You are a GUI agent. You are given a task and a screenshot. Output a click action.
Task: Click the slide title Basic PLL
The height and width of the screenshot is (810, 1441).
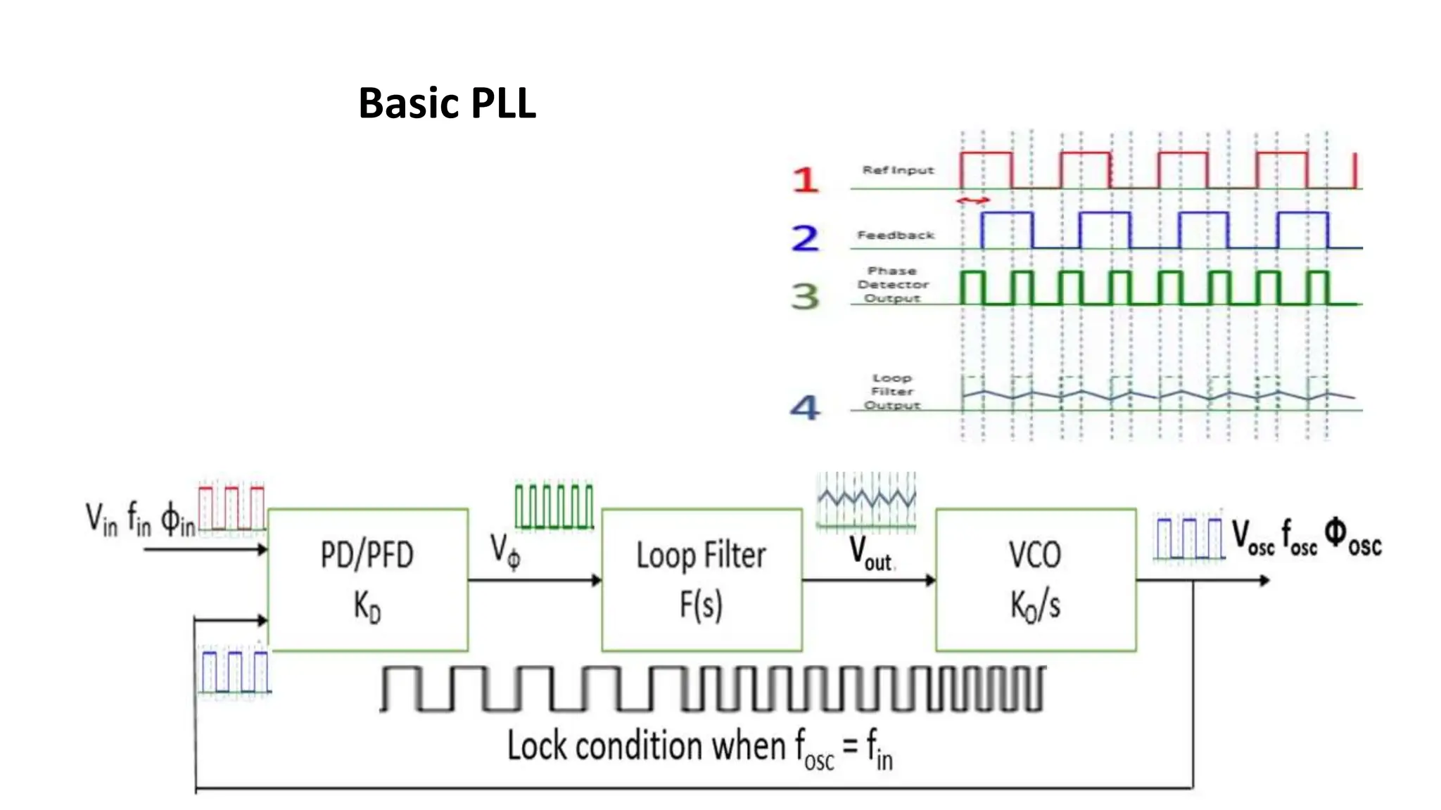point(447,103)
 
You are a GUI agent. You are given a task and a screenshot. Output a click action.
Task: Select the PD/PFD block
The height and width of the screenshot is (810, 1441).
point(368,579)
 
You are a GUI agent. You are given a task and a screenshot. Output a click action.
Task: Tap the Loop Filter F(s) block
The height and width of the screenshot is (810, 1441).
point(702,579)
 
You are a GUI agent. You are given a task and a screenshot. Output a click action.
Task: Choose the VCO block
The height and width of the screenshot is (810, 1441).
point(1035,579)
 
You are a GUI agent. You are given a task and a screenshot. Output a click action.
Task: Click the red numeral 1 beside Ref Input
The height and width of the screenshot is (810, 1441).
point(805,179)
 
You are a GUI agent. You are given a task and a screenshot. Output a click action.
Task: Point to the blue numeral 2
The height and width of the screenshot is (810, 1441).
point(805,238)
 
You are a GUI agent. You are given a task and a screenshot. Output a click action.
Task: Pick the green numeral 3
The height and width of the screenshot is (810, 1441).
point(805,296)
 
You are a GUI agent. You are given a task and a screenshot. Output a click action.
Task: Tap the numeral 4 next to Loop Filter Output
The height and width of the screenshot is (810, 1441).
point(805,407)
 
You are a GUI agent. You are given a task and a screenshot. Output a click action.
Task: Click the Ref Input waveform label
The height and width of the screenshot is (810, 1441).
point(898,170)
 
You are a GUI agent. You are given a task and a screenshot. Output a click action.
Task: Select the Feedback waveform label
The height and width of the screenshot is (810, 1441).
point(895,236)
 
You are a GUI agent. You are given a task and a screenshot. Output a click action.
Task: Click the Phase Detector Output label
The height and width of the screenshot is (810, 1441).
point(893,285)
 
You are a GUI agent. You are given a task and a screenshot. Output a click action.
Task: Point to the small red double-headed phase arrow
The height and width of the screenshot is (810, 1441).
point(973,201)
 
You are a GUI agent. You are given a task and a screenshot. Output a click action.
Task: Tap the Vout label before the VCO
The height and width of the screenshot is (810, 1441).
point(870,553)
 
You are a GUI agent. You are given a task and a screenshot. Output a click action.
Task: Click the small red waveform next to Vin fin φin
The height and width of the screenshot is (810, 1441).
point(231,507)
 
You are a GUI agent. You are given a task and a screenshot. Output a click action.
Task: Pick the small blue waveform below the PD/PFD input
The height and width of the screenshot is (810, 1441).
point(234,672)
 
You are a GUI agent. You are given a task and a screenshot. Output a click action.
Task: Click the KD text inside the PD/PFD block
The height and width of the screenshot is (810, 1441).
point(367,606)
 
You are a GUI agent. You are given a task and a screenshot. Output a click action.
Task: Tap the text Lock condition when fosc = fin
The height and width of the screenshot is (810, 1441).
point(699,748)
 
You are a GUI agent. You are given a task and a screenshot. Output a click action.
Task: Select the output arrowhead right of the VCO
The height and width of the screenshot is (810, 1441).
point(1264,580)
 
